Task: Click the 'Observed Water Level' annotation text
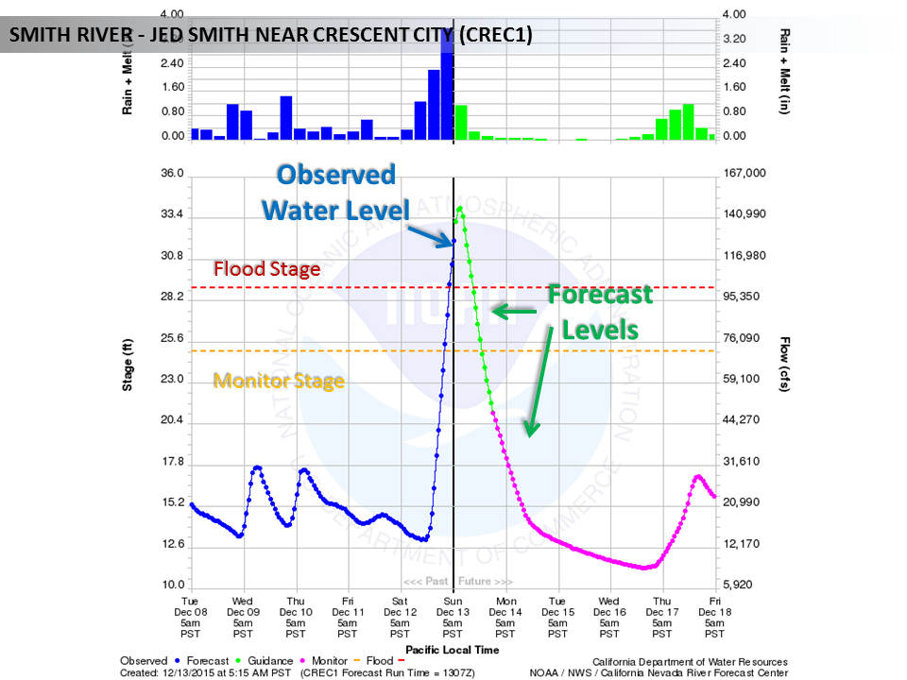(x=335, y=191)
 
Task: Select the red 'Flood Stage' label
(x=266, y=269)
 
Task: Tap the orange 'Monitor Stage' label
(x=278, y=381)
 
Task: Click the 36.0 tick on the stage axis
(x=172, y=175)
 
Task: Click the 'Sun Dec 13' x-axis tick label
(x=453, y=618)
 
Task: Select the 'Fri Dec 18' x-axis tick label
(x=715, y=618)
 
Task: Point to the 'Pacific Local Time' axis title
(x=453, y=650)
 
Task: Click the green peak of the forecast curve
(x=460, y=209)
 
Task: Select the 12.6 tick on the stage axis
(x=172, y=545)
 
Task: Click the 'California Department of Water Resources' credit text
(x=690, y=662)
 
